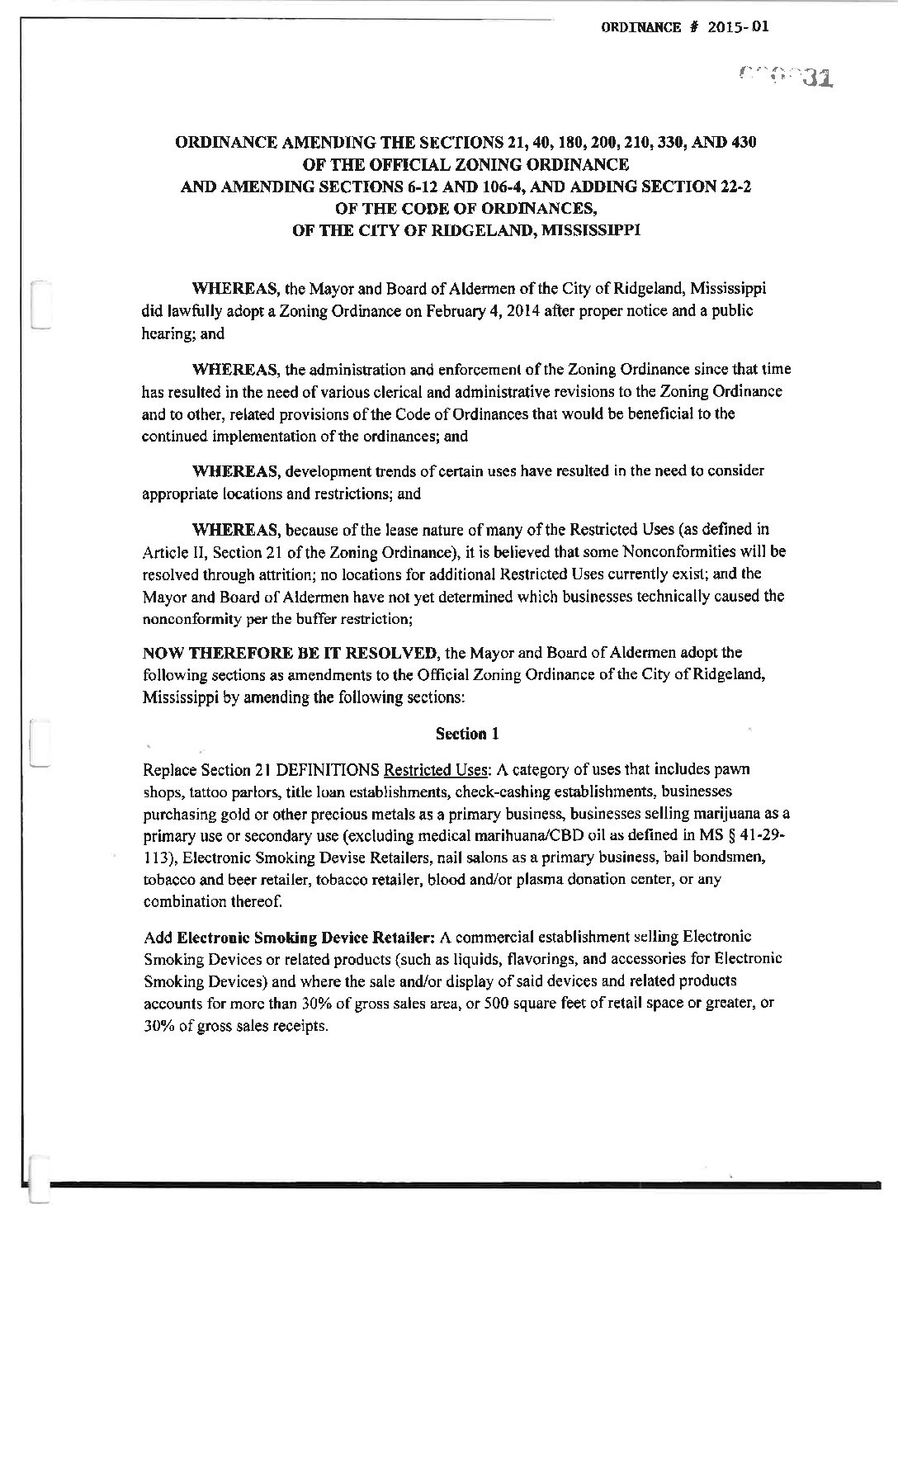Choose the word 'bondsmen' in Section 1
point(741,858)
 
